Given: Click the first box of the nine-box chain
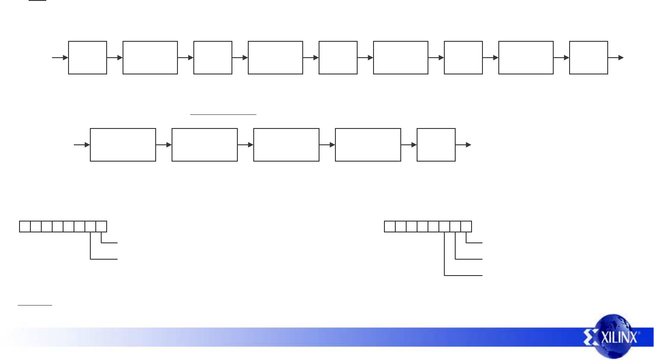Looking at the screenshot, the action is tap(88, 57).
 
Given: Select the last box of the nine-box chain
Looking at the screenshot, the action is tap(589, 57).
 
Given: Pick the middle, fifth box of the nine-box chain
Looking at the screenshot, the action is tap(338, 57).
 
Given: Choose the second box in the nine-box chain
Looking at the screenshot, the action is tap(150, 57).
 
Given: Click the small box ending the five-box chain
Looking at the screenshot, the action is tap(436, 144).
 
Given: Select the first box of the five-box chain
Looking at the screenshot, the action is tap(123, 144).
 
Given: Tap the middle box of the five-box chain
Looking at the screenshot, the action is tap(286, 144).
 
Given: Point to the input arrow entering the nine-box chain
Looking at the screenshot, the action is tap(60, 58).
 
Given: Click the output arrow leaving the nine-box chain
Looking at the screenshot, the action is tap(616, 58).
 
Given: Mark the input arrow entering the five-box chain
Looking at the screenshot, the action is tap(82, 145).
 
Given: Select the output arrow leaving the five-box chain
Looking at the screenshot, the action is tap(463, 145).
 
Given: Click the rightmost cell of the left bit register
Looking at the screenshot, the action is tap(102, 226).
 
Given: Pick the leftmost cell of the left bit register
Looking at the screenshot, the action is tap(25, 226).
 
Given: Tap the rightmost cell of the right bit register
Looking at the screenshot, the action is tap(467, 226).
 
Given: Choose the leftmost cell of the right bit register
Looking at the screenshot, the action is tap(390, 226).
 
